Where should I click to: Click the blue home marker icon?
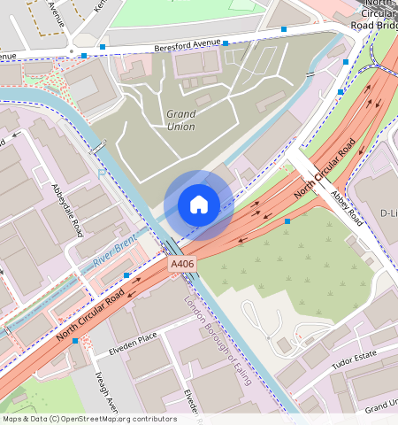199,205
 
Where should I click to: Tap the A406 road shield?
181,264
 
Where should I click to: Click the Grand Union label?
181,120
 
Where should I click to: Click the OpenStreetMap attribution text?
88,419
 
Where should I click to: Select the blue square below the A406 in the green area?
287,221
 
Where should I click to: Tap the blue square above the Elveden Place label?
127,276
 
